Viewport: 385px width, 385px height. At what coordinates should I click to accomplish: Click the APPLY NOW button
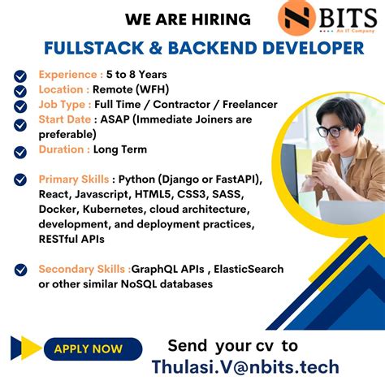click(x=88, y=349)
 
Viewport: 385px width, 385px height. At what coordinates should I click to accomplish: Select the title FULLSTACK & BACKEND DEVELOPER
click(x=204, y=49)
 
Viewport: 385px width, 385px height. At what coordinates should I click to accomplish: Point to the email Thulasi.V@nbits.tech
click(x=245, y=366)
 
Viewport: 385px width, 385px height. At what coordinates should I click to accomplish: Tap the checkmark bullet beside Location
click(x=20, y=90)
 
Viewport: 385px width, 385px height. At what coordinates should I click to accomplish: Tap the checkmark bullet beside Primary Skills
click(x=20, y=180)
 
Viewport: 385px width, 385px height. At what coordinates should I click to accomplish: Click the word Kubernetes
click(x=115, y=209)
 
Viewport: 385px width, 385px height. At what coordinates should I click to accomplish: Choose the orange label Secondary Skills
click(x=84, y=269)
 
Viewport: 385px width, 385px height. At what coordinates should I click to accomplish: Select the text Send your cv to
click(x=232, y=344)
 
